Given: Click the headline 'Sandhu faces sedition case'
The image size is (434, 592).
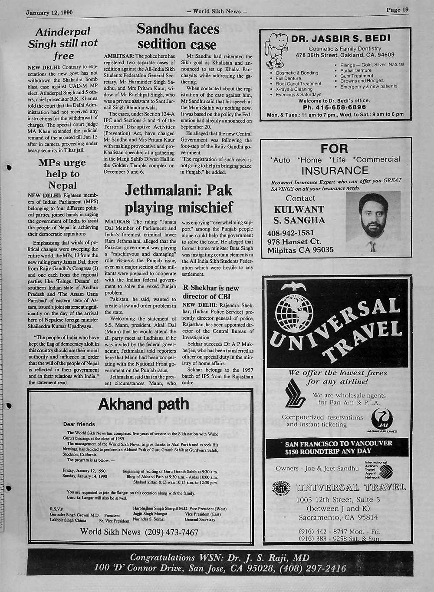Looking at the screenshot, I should [x=178, y=37].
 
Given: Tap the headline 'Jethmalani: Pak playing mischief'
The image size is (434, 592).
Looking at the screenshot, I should [x=178, y=199].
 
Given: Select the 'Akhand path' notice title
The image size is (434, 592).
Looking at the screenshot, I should [x=144, y=404].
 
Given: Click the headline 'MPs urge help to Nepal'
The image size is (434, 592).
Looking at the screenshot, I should [x=62, y=174].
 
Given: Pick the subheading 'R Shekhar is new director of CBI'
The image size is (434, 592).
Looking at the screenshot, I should [x=211, y=292].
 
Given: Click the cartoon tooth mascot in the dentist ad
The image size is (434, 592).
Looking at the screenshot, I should [x=276, y=48].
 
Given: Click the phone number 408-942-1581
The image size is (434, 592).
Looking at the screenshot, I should [x=290, y=233].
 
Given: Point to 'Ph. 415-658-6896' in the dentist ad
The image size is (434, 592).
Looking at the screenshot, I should [x=334, y=107].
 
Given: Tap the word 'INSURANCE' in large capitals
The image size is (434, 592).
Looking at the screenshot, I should [x=335, y=170].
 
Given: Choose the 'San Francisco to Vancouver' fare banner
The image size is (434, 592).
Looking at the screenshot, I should [x=338, y=447].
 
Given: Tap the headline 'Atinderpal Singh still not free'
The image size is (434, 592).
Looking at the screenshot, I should [x=63, y=43].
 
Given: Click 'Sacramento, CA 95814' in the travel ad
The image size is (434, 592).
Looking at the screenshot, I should [x=338, y=517].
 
